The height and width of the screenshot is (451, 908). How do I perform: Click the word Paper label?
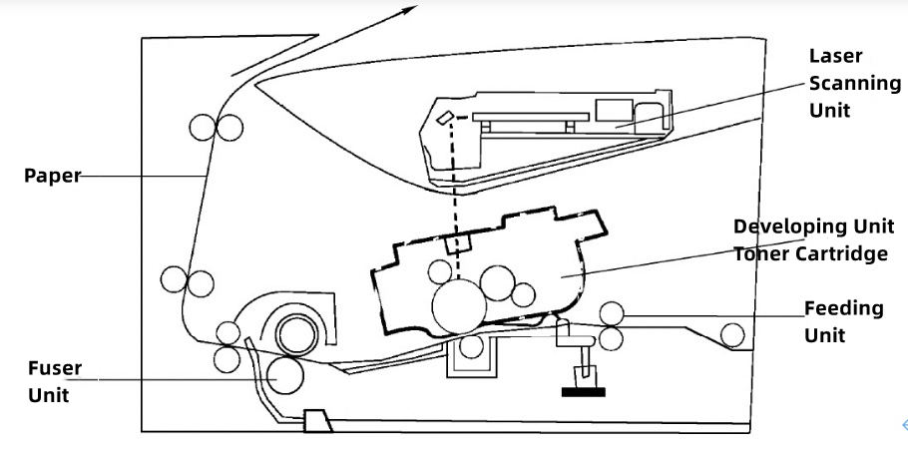coord(52,176)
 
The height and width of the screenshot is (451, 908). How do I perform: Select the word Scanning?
coord(855,84)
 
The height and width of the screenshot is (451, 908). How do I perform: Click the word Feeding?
coord(844,308)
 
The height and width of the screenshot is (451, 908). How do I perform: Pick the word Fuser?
coord(55,368)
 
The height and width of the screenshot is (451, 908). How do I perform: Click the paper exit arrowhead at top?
coord(408,10)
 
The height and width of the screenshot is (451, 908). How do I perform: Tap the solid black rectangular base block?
coord(583,392)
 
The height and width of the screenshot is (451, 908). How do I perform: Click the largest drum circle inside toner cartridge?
coord(459,307)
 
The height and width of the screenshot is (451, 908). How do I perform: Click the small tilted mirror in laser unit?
coord(444,118)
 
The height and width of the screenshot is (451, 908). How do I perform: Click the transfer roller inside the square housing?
coord(471,347)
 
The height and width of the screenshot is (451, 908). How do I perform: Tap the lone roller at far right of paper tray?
coord(732,335)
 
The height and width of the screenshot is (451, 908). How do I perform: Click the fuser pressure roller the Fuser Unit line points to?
coord(285,375)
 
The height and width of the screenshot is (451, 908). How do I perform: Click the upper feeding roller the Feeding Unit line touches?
coord(612,313)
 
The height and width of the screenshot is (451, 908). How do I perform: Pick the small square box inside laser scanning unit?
coord(614,110)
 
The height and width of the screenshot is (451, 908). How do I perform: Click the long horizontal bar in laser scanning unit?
coord(531,117)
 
